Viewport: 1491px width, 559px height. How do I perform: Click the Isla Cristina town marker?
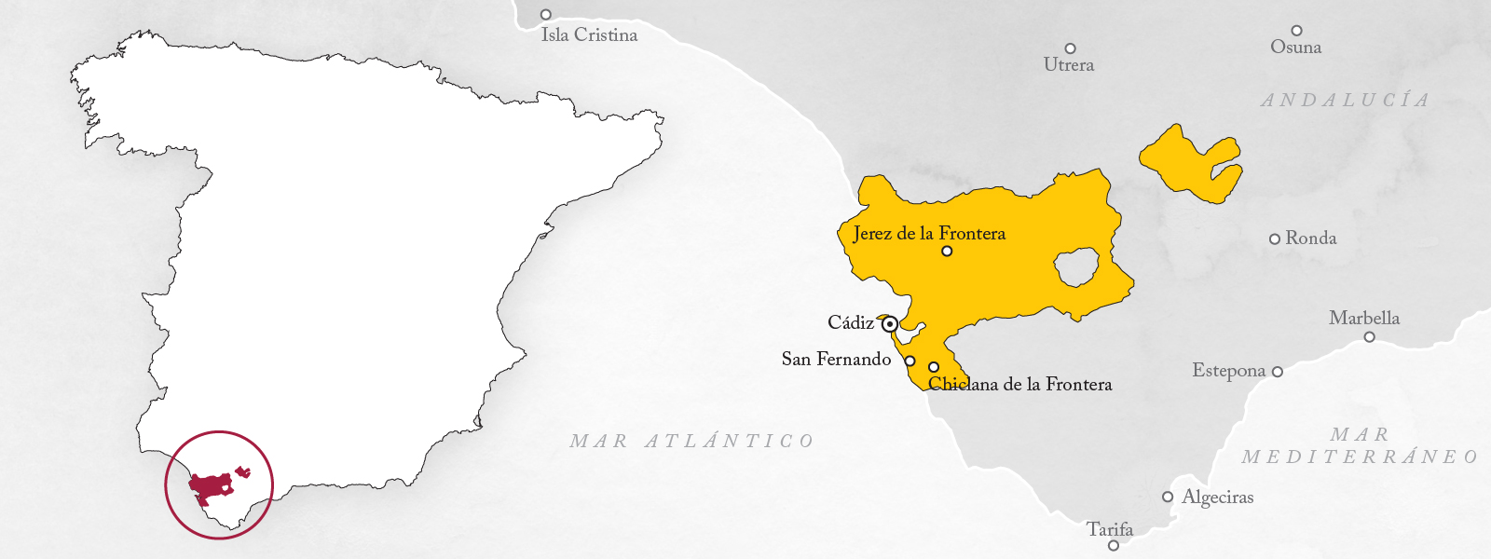[546, 15]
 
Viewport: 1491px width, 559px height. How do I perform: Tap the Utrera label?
[1069, 65]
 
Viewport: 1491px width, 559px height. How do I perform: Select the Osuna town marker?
[1296, 31]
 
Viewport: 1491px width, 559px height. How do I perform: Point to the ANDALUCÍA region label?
[1345, 100]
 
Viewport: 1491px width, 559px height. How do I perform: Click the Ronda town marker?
[1275, 239]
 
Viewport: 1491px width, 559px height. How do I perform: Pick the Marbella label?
[1364, 318]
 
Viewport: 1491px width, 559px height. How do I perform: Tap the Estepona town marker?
[1278, 372]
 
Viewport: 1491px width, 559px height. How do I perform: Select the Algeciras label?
[1218, 498]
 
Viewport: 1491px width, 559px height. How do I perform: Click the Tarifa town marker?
[1113, 545]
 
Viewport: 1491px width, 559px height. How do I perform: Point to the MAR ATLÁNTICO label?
[692, 441]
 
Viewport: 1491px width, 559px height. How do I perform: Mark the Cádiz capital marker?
[890, 324]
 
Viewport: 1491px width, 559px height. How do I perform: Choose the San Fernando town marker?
[910, 361]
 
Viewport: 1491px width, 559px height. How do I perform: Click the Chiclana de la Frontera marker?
[934, 367]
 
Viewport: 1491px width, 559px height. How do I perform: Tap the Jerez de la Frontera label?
[929, 234]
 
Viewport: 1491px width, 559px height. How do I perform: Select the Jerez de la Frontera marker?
[947, 252]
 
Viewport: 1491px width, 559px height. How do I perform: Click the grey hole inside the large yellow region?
[1077, 268]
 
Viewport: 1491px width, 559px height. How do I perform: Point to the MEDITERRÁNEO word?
[1360, 457]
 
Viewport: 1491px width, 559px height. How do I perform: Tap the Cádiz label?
[851, 323]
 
